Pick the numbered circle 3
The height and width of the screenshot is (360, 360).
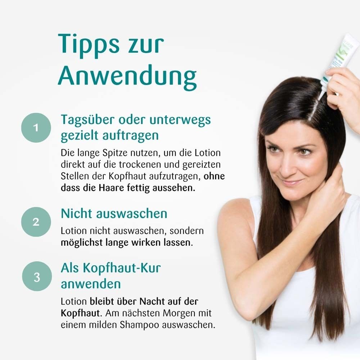[36, 277]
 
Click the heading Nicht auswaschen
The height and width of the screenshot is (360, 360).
[114, 213]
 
